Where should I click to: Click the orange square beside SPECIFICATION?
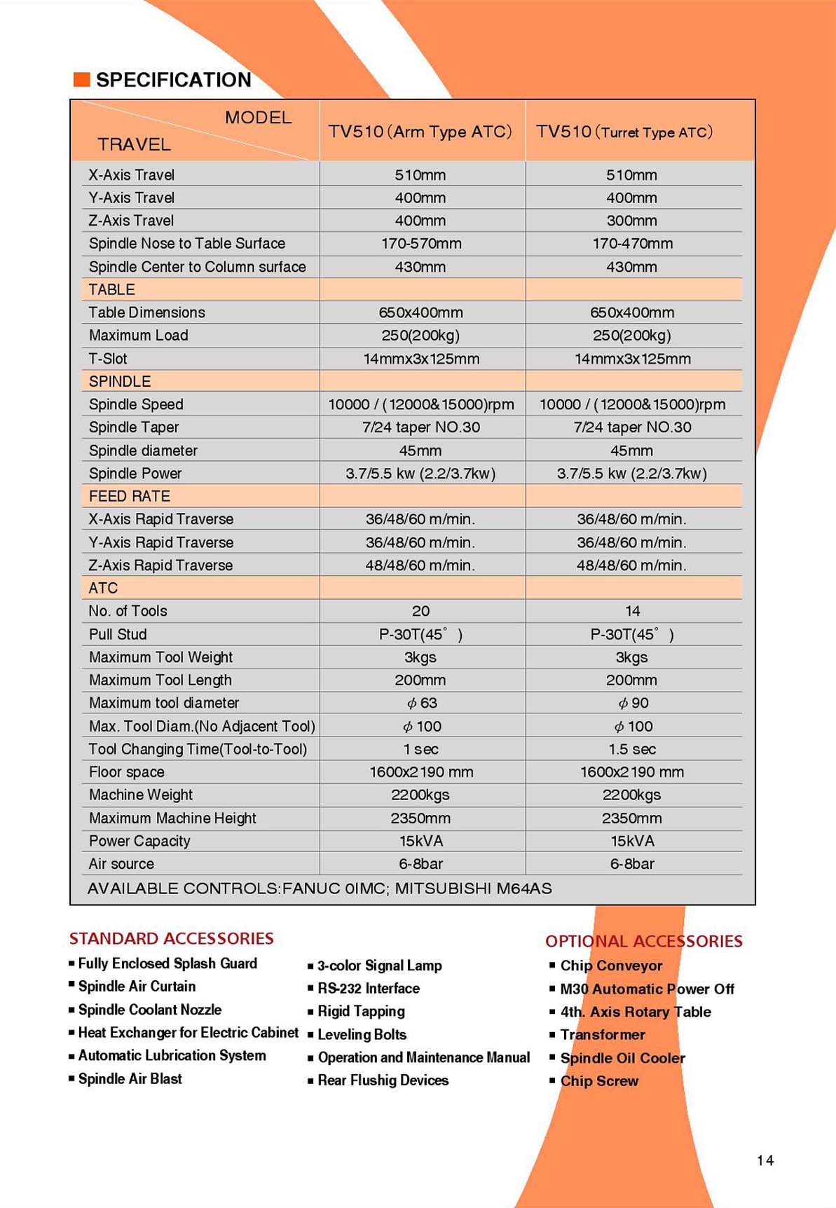pyautogui.click(x=82, y=80)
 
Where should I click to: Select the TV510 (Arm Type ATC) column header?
pyautogui.click(x=420, y=132)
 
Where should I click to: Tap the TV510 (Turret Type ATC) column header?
pyautogui.click(x=624, y=132)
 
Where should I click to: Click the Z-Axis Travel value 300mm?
pyautogui.click(x=631, y=221)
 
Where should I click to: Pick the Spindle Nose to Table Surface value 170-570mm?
pyautogui.click(x=420, y=244)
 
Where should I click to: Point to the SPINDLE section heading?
pyautogui.click(x=120, y=381)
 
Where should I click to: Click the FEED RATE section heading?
pyautogui.click(x=130, y=496)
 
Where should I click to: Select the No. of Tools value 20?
pyautogui.click(x=420, y=611)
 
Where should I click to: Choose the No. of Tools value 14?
pyautogui.click(x=632, y=611)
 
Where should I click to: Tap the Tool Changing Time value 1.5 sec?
pyautogui.click(x=632, y=749)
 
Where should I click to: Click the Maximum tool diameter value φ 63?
pyautogui.click(x=421, y=703)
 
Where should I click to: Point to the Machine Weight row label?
pyautogui.click(x=141, y=795)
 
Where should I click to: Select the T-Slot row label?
pyautogui.click(x=108, y=359)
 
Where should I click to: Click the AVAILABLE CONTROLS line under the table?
pyautogui.click(x=320, y=888)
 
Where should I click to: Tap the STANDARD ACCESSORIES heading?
pyautogui.click(x=171, y=938)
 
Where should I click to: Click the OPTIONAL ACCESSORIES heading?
pyautogui.click(x=643, y=941)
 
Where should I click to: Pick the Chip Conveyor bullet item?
pyautogui.click(x=611, y=966)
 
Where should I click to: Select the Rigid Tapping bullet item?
pyautogui.click(x=361, y=1011)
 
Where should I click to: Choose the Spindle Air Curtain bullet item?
pyautogui.click(x=137, y=986)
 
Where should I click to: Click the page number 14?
pyautogui.click(x=765, y=1160)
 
